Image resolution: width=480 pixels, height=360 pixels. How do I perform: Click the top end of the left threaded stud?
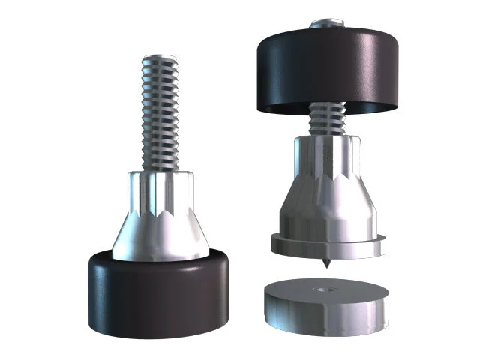point(159,58)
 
